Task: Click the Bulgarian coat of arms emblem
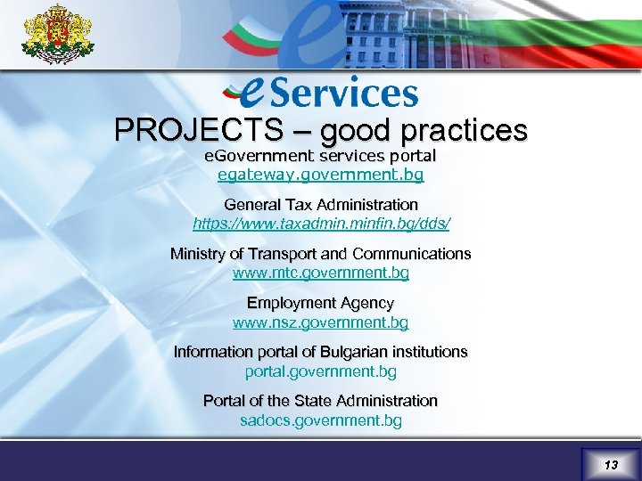(x=57, y=35)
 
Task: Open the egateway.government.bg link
(x=321, y=175)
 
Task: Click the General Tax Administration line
(x=321, y=204)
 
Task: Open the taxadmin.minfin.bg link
(x=321, y=224)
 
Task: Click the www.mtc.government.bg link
(x=321, y=273)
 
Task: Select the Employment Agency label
(x=321, y=303)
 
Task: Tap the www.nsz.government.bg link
(x=321, y=322)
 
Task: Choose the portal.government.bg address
(x=321, y=371)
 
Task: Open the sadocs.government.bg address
(x=321, y=420)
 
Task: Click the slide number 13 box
(x=610, y=464)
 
